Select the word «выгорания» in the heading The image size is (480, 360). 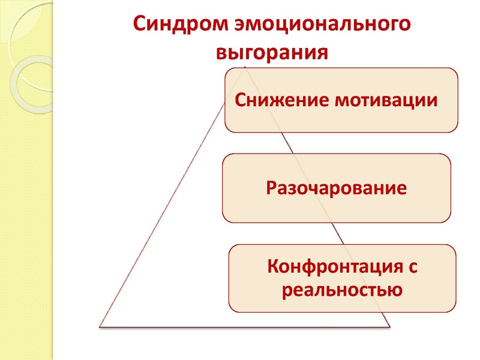coord(272,53)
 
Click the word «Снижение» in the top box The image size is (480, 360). coord(281,100)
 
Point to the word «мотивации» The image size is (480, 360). coord(386,100)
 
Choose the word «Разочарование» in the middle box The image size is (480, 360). coord(337,188)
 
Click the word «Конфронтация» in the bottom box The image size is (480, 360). coord(335,267)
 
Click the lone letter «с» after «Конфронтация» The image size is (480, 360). coord(413,267)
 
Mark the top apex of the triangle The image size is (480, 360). coord(245,66)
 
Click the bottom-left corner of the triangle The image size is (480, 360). coord(100,326)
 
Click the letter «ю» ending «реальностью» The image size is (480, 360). coord(395,290)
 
